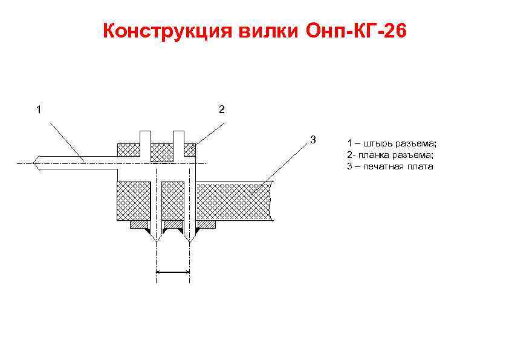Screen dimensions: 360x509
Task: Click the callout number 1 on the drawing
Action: point(39,110)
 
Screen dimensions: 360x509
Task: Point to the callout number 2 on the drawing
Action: point(222,110)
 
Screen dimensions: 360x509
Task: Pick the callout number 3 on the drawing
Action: point(313,140)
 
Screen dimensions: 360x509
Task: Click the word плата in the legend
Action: point(421,166)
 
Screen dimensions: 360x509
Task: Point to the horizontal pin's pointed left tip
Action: point(35,163)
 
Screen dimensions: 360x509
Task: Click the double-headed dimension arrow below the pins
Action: point(173,273)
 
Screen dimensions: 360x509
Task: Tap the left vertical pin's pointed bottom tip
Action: point(157,241)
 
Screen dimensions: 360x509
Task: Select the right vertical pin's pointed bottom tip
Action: point(190,241)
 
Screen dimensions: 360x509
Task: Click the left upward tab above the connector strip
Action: point(145,137)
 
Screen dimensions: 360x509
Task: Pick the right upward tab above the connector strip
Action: point(179,137)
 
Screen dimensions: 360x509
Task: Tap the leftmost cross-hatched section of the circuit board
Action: point(132,200)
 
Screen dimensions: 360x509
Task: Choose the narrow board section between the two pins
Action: point(173,200)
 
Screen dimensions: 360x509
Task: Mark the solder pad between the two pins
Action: point(173,225)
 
